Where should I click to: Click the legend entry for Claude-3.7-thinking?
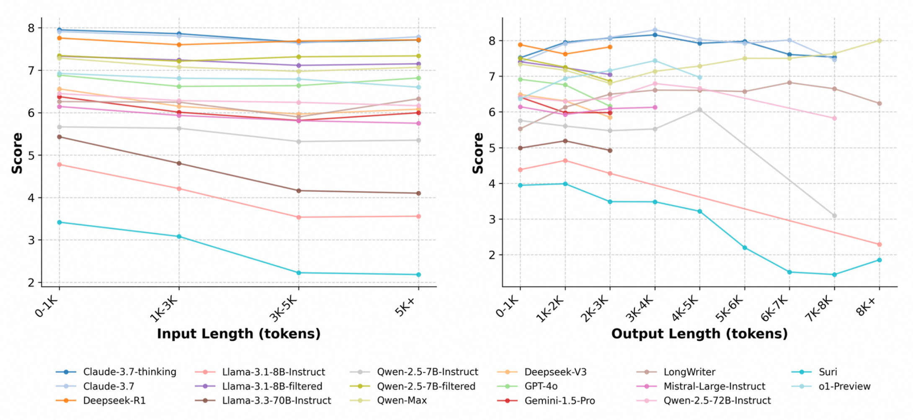point(116,372)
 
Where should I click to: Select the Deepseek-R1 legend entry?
point(101,400)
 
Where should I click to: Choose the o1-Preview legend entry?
point(831,386)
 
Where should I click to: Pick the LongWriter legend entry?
point(676,372)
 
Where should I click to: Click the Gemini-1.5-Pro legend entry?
point(546,400)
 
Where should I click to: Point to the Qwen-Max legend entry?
point(389,400)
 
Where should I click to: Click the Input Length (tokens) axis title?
point(239,334)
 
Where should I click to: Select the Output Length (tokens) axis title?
point(699,334)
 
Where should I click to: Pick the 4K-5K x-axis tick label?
point(685,309)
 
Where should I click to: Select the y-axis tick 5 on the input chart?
point(31,155)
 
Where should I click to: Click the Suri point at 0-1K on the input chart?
point(59,222)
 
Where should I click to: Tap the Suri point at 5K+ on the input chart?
point(418,275)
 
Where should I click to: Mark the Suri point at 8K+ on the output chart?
point(879,260)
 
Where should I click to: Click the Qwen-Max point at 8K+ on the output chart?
point(879,41)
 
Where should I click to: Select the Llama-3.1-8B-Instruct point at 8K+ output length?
point(879,245)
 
